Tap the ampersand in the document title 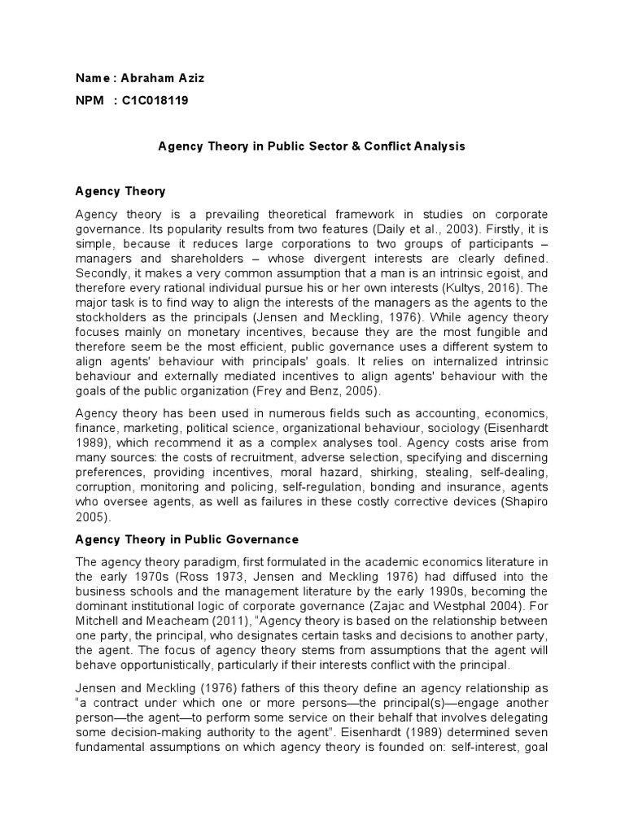[x=331, y=146]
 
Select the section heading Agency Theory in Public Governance [x=186, y=539]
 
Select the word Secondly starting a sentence [x=103, y=274]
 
